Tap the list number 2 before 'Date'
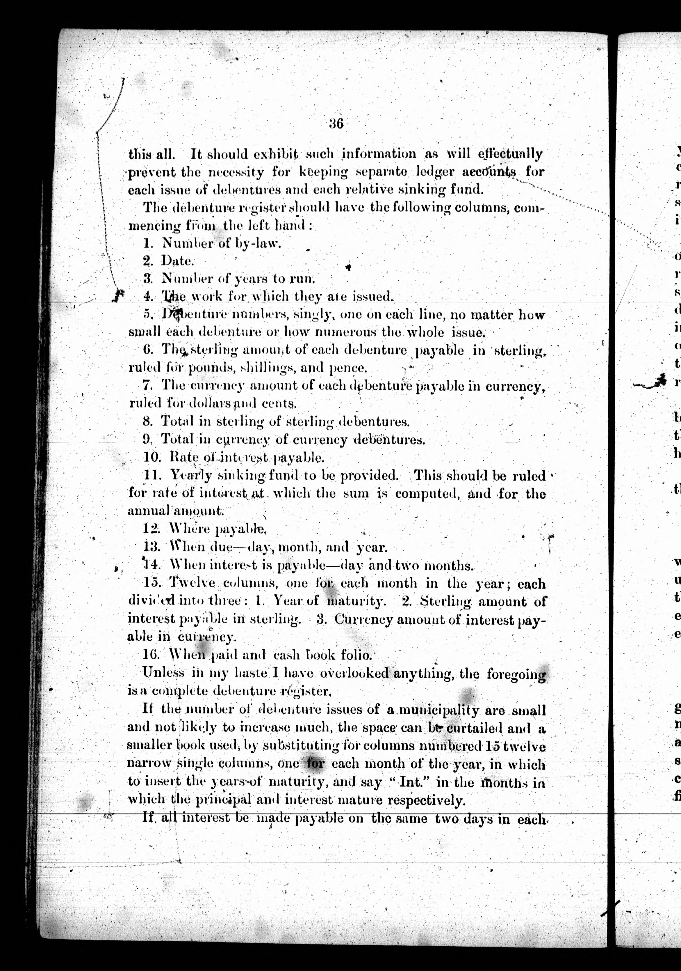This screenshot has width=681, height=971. tap(147, 261)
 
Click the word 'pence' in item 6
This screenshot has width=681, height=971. tap(347, 368)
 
